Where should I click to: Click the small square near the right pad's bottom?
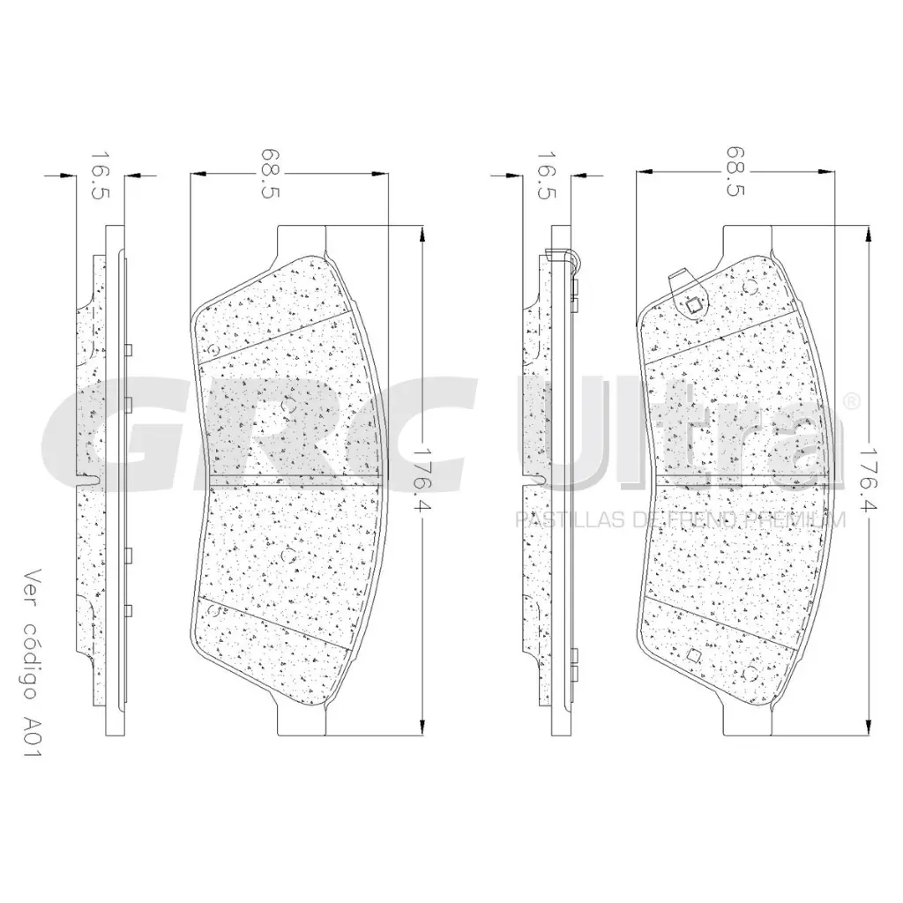[x=691, y=655]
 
